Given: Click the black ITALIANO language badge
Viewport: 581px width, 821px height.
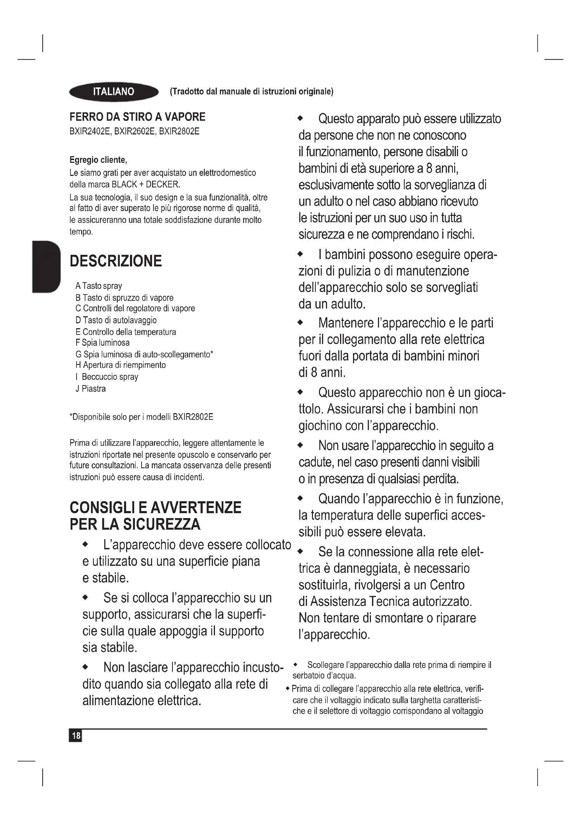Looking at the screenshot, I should coord(113,92).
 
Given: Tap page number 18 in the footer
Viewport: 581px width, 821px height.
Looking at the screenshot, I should coord(76,735).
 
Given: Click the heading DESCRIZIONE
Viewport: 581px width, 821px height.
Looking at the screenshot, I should coord(116,261).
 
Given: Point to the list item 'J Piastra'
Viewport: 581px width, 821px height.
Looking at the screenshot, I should coord(91,389).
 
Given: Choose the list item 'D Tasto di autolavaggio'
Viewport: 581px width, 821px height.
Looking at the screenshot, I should coord(116,320).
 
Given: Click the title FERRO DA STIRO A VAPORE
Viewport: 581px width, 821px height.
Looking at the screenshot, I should coord(137,117).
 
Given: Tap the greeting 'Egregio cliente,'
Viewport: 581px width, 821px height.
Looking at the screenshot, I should coord(98,160).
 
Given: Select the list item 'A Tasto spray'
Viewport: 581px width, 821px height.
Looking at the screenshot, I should coord(99,286).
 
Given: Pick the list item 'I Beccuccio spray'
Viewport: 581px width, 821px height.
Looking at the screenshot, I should coord(107,377).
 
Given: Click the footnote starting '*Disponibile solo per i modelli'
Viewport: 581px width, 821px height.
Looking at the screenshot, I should coord(141,417).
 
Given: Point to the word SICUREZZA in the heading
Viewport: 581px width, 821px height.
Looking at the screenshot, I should coord(162,524).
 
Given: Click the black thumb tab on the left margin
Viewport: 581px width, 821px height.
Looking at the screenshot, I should coord(46,267).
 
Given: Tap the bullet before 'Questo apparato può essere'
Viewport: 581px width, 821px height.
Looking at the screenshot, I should coord(301,118).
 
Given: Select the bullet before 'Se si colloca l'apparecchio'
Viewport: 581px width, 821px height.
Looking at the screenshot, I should coord(85,597).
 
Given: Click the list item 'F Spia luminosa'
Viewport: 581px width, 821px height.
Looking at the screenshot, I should coord(103,343).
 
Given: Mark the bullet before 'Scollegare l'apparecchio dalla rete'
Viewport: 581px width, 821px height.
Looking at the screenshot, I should coord(295,664).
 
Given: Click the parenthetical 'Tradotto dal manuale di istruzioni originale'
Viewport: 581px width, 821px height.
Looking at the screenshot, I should coord(252,92).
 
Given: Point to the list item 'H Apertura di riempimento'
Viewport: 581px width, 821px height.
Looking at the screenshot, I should coord(120,365).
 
